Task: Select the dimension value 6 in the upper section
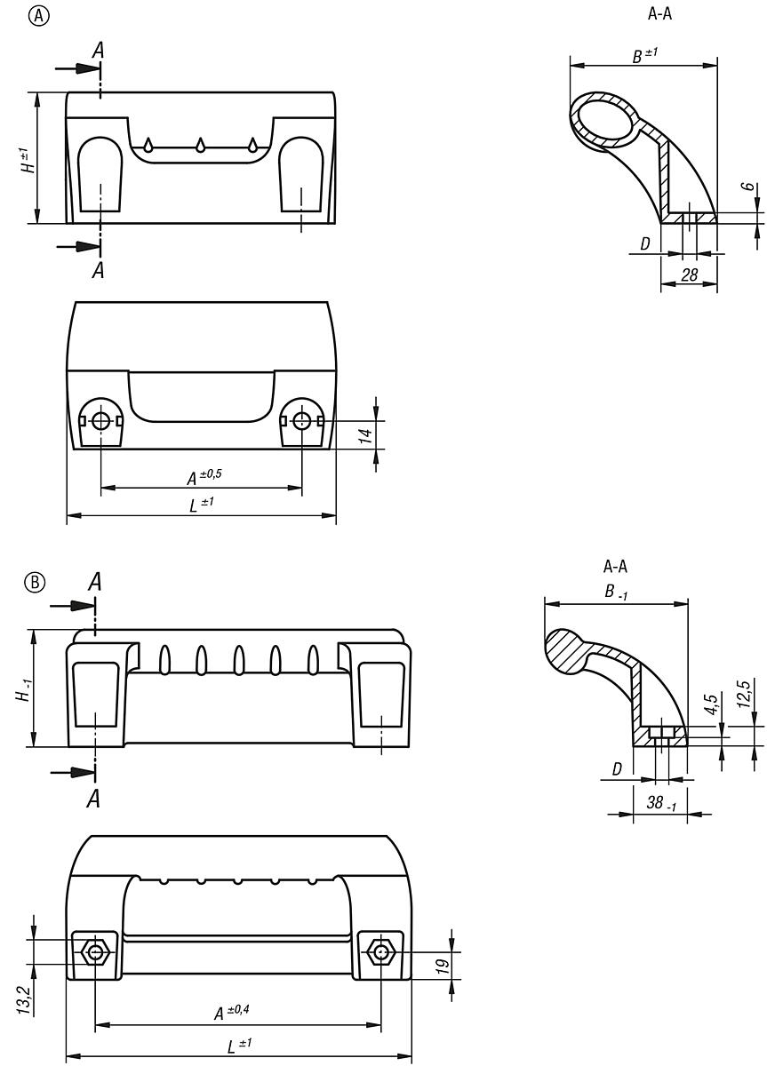coord(749,189)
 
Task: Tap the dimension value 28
coord(689,275)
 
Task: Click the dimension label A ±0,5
coord(203,477)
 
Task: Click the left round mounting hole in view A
coord(100,420)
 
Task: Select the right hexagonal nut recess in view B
coord(381,952)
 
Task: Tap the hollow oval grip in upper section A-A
coord(605,122)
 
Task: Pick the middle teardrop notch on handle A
coord(201,145)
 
